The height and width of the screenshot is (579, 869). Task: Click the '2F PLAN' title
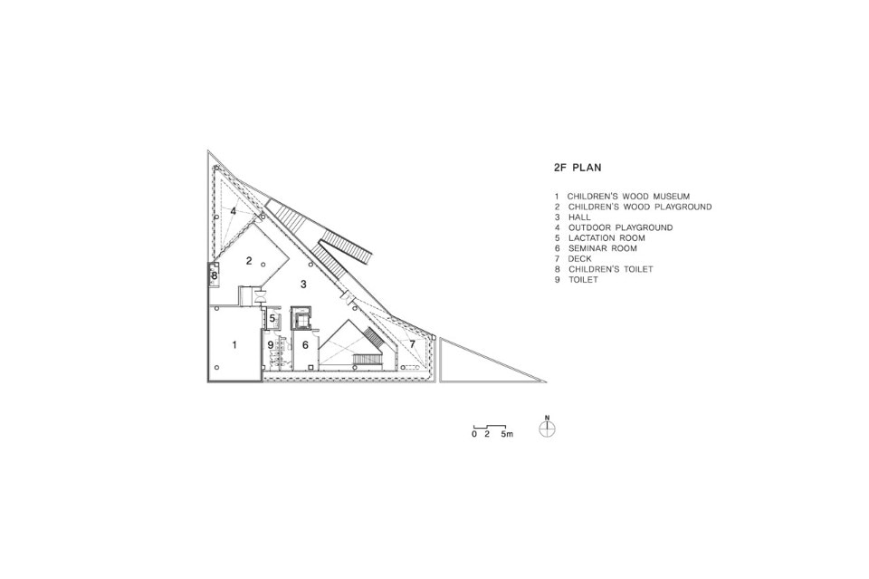tap(577, 168)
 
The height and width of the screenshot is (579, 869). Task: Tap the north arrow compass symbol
tap(547, 429)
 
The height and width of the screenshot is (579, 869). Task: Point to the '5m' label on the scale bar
tap(507, 434)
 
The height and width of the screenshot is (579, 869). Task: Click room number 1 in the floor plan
tap(234, 345)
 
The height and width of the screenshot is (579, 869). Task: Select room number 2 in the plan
tap(249, 261)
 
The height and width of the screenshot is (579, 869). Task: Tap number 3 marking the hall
tap(303, 285)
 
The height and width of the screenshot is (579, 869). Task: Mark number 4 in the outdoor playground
tap(234, 211)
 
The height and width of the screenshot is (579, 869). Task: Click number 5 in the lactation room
tap(272, 319)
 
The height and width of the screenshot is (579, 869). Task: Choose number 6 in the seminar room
tap(305, 345)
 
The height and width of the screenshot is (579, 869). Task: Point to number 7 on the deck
tap(413, 344)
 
